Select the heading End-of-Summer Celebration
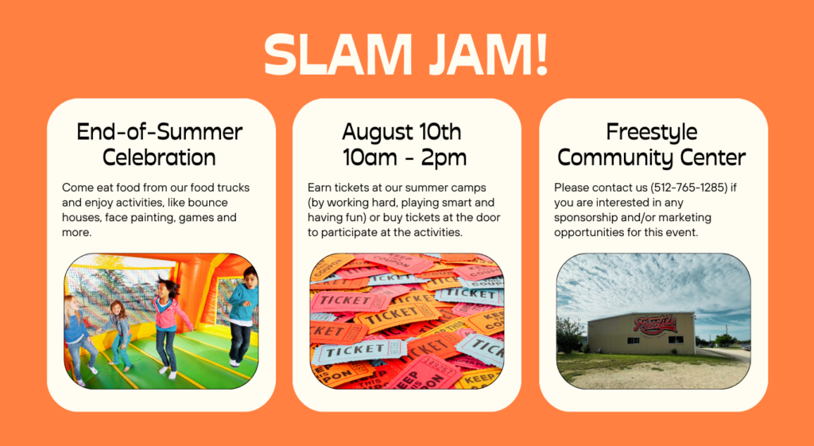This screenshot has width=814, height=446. [x=159, y=145]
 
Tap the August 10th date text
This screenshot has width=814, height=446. [x=401, y=132]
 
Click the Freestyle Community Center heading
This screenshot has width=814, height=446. [x=652, y=145]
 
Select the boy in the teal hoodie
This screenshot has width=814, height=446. [x=242, y=315]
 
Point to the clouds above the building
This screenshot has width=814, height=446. [x=653, y=284]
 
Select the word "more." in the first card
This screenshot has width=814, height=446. [x=77, y=233]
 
